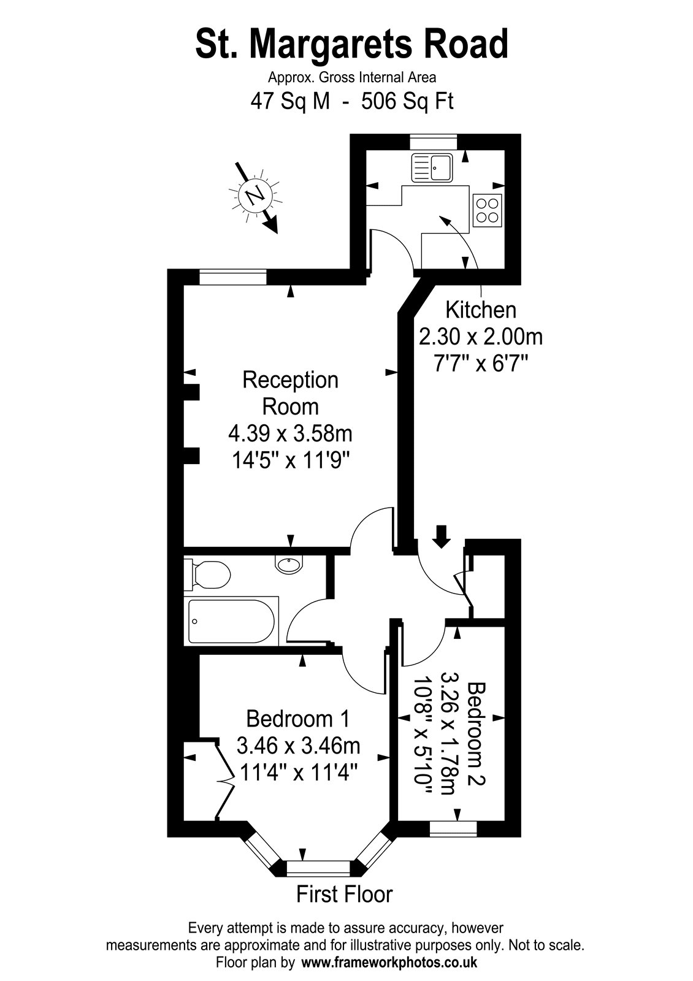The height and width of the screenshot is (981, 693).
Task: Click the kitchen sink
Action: point(432,168)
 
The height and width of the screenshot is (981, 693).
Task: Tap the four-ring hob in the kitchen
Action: point(487,210)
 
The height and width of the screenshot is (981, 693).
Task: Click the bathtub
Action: point(231,621)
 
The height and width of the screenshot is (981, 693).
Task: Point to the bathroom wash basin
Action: point(289,563)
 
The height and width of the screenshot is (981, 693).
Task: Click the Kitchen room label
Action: point(481,310)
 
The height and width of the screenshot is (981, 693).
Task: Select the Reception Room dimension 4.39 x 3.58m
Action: point(291,434)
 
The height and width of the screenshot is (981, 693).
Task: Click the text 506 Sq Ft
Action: point(407,102)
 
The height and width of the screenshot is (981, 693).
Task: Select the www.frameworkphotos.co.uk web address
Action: point(389,962)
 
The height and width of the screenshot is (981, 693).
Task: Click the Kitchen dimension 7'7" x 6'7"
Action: point(481,364)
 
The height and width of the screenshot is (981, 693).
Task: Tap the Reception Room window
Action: point(233,277)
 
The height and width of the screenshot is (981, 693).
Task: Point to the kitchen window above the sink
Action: point(433,142)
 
